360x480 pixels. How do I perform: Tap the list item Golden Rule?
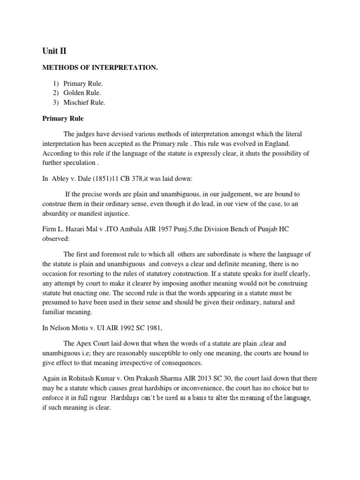coord(85,93)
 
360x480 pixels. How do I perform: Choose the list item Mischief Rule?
coord(87,102)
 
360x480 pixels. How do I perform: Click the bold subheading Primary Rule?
coord(63,119)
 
